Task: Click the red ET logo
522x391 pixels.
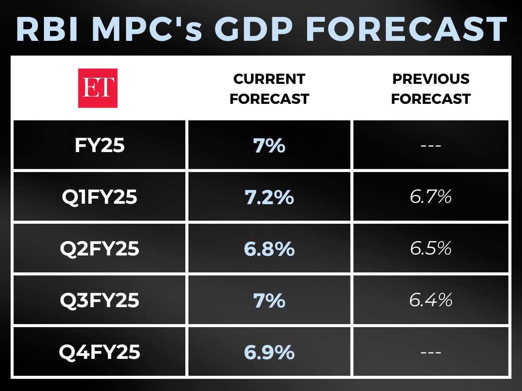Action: pyautogui.click(x=97, y=88)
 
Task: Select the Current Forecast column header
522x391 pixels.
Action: pyautogui.click(x=269, y=89)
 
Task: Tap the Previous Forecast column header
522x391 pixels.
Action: pyautogui.click(x=431, y=89)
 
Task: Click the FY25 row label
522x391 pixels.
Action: pyautogui.click(x=100, y=146)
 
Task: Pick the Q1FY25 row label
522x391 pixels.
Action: pyautogui.click(x=100, y=197)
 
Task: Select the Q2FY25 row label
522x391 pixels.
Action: pyautogui.click(x=100, y=249)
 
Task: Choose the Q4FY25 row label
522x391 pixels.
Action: pyautogui.click(x=100, y=352)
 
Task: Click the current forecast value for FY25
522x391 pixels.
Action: pyautogui.click(x=269, y=146)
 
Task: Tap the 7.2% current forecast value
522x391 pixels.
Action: pyautogui.click(x=269, y=197)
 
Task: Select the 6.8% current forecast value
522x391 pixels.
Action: pyautogui.click(x=269, y=249)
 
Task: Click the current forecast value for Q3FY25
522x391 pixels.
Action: pyautogui.click(x=269, y=301)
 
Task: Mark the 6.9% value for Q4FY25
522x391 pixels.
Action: pyautogui.click(x=269, y=352)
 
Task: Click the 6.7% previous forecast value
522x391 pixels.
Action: pyautogui.click(x=431, y=197)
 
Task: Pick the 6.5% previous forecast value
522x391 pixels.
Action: pyautogui.click(x=431, y=249)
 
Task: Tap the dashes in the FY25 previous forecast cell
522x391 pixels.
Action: pyautogui.click(x=431, y=146)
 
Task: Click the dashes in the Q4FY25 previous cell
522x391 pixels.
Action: pyautogui.click(x=431, y=352)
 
